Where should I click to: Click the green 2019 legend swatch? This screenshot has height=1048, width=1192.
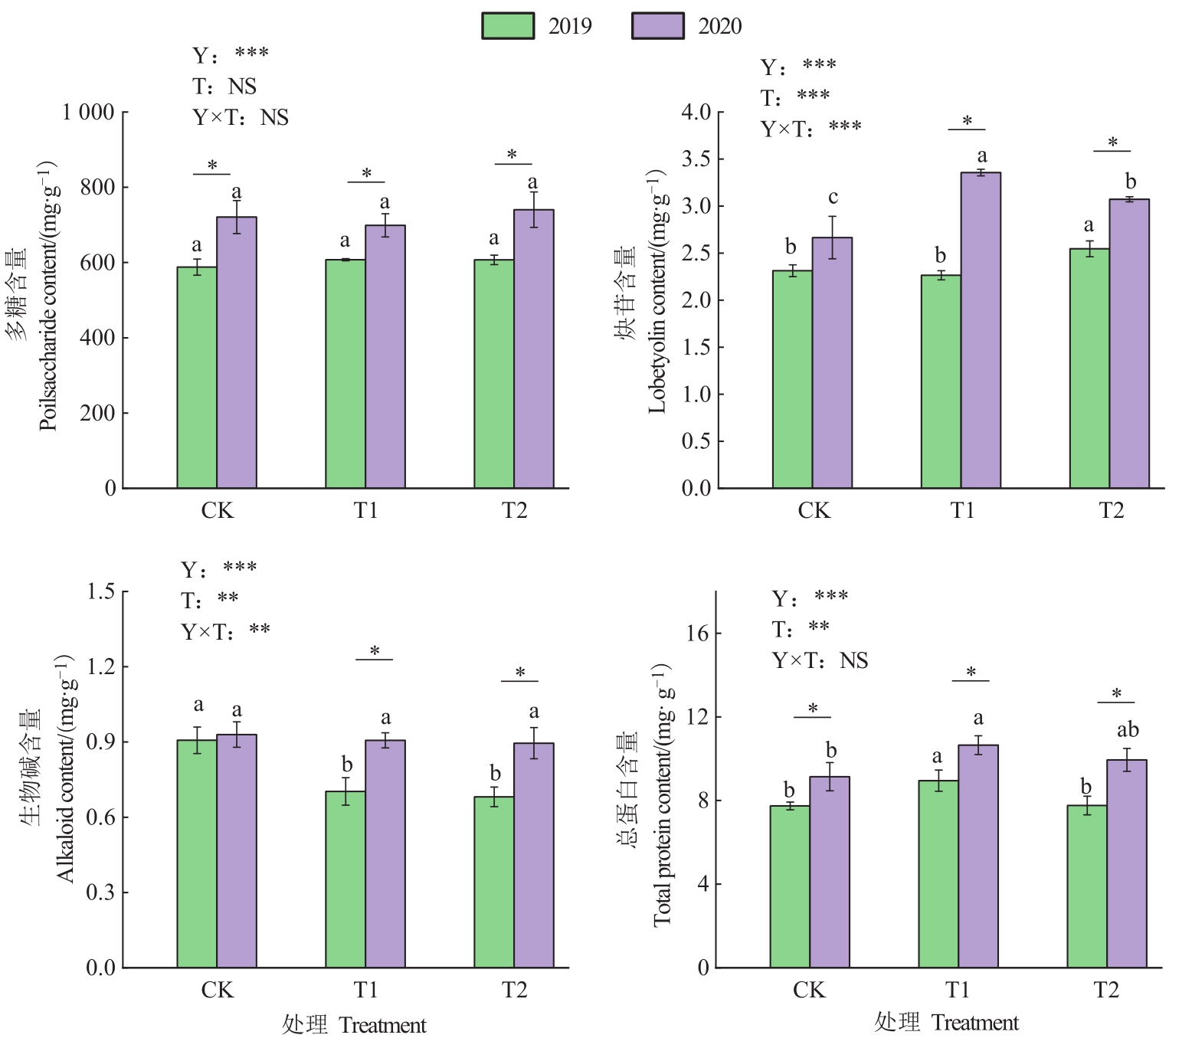507,25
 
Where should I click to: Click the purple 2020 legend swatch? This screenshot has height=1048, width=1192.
657,25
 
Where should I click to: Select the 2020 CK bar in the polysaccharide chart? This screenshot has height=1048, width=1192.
237,352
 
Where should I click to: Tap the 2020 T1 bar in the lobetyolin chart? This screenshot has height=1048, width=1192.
981,330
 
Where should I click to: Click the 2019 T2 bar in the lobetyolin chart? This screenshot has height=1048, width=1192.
1089,368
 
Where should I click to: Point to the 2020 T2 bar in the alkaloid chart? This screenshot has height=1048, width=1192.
534,855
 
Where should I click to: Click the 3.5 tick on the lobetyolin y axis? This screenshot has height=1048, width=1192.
696,159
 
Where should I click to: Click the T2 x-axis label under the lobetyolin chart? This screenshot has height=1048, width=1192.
1111,511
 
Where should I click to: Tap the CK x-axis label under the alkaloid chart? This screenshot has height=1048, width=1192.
217,991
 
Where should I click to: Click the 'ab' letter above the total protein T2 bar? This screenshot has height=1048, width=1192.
1128,730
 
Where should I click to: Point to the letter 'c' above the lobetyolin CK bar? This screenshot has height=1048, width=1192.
833,198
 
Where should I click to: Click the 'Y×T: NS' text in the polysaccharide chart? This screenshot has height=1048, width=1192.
241,117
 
